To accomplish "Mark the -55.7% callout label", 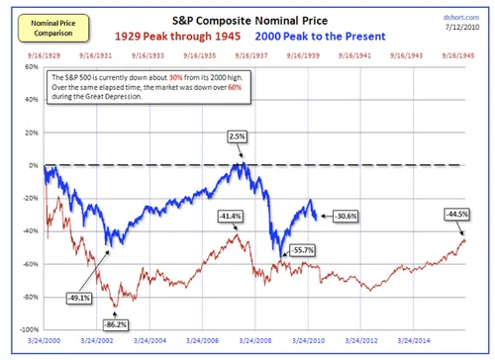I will [x=304, y=250].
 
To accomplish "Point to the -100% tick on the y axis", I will [x=31, y=329].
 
